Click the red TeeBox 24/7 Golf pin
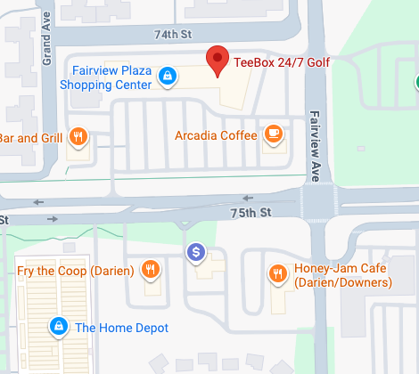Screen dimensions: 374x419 [217, 60]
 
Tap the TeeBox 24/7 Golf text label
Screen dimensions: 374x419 [281, 63]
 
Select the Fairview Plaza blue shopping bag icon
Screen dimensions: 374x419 [166, 77]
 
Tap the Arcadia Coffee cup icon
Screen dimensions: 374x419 [273, 135]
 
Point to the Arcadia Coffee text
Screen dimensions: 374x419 [216, 135]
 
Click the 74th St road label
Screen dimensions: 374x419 [174, 34]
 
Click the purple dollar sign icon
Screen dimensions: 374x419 [196, 254]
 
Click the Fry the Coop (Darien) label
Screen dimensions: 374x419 [76, 270]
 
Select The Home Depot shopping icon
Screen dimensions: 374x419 [59, 327]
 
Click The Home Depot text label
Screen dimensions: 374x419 [121, 328]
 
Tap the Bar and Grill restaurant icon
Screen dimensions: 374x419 [78, 137]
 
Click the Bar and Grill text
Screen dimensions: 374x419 [30, 138]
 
